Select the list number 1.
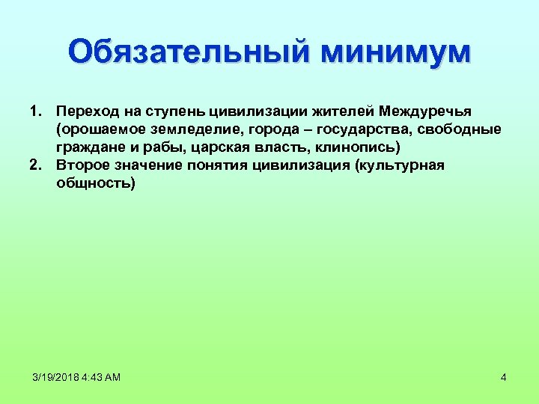click(x=34, y=111)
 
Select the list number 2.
click(x=34, y=165)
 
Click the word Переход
click(x=88, y=111)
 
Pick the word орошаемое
click(x=97, y=129)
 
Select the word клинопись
click(x=351, y=147)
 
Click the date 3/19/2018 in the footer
click(x=55, y=377)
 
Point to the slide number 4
click(x=504, y=377)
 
